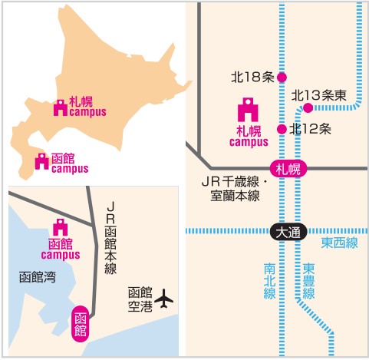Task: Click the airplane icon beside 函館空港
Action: (163, 299)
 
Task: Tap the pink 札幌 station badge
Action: (288, 169)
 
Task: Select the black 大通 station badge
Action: (288, 232)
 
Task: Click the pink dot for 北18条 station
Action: (282, 78)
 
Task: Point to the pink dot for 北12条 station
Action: (282, 129)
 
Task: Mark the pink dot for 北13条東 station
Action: (308, 107)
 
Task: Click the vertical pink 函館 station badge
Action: (81, 324)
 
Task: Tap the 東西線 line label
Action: (339, 243)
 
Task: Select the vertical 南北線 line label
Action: (270, 281)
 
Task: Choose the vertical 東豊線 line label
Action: (308, 281)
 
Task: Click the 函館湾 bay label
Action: (38, 277)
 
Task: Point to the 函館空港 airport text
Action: (140, 299)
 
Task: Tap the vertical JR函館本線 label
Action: (110, 238)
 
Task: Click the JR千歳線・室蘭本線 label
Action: (235, 189)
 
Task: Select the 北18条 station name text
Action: (252, 77)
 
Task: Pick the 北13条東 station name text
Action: (318, 95)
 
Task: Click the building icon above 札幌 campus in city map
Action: (248, 110)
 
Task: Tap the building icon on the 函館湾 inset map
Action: (61, 227)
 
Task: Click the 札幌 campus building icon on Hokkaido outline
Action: (61, 107)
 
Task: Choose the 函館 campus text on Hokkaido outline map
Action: (70, 163)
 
